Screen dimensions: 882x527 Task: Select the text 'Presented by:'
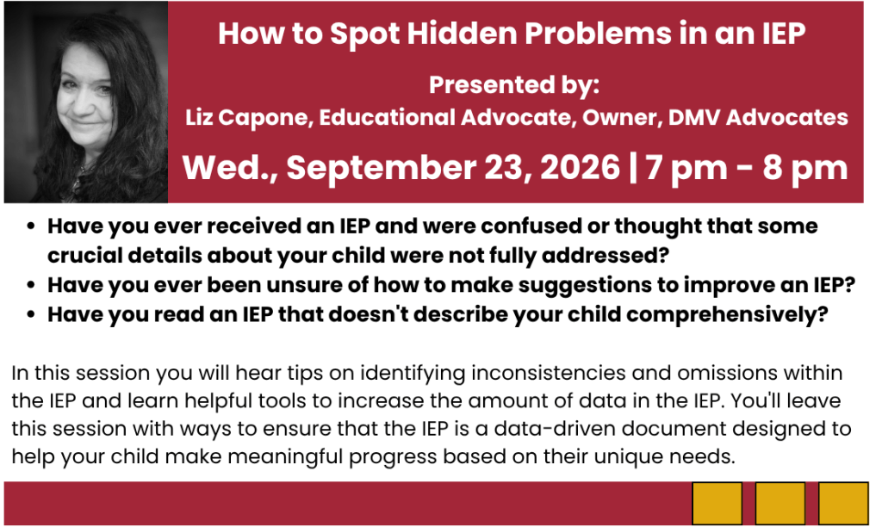point(514,85)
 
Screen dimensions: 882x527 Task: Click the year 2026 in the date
point(580,167)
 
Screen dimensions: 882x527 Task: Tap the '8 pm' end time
point(805,168)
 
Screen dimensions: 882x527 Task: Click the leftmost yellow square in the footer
point(717,504)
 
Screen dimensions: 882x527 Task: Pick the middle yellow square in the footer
point(780,504)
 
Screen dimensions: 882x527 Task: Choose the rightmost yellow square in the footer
point(843,504)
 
